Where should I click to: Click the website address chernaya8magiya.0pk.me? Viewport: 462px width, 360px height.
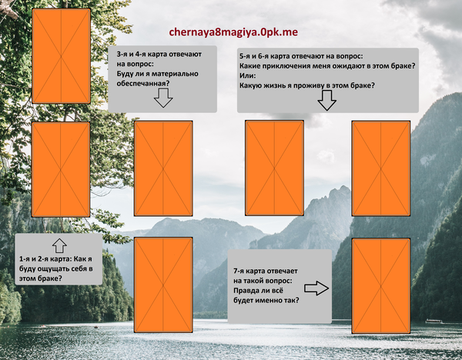click(233, 32)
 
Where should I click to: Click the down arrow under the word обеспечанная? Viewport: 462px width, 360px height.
click(163, 98)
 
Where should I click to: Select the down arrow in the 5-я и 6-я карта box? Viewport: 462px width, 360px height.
click(326, 100)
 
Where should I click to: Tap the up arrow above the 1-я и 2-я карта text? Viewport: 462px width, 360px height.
click(59, 245)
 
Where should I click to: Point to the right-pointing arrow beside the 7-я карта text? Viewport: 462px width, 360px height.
click(316, 288)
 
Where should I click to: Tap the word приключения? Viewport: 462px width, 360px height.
click(284, 66)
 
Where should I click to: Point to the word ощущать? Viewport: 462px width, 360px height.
click(51, 268)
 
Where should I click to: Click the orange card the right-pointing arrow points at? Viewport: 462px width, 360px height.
click(381, 286)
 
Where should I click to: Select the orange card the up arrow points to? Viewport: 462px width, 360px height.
click(61, 169)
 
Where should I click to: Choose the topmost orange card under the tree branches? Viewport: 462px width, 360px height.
click(62, 56)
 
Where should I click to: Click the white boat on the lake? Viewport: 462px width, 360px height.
click(433, 321)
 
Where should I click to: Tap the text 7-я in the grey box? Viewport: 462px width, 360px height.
click(239, 271)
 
